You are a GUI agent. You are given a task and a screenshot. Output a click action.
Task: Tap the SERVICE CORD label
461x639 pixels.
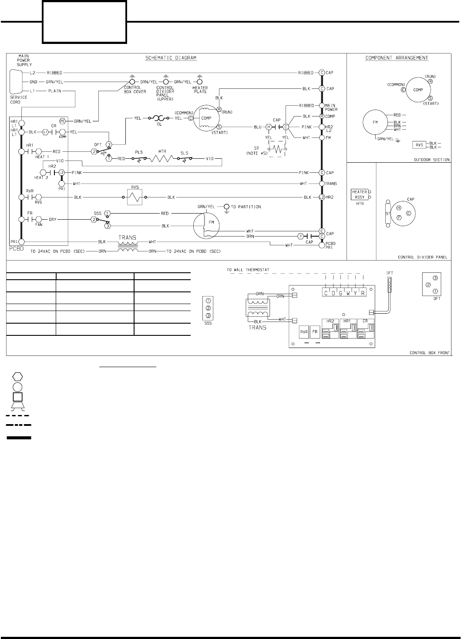tap(18, 99)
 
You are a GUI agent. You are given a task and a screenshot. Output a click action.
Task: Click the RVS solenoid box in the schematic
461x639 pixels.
tap(135, 197)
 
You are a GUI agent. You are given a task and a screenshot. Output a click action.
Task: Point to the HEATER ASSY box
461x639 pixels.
tap(360, 194)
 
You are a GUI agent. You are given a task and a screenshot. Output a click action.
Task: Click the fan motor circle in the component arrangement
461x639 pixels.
tap(375, 123)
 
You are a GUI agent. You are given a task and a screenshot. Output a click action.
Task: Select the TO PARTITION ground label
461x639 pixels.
tap(246, 207)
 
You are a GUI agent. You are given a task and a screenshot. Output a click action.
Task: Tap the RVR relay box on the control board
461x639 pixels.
tap(303, 331)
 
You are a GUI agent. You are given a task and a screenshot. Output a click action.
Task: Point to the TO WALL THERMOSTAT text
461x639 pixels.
tap(248, 270)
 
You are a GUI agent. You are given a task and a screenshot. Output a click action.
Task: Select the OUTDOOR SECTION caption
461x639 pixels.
tap(431, 160)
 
